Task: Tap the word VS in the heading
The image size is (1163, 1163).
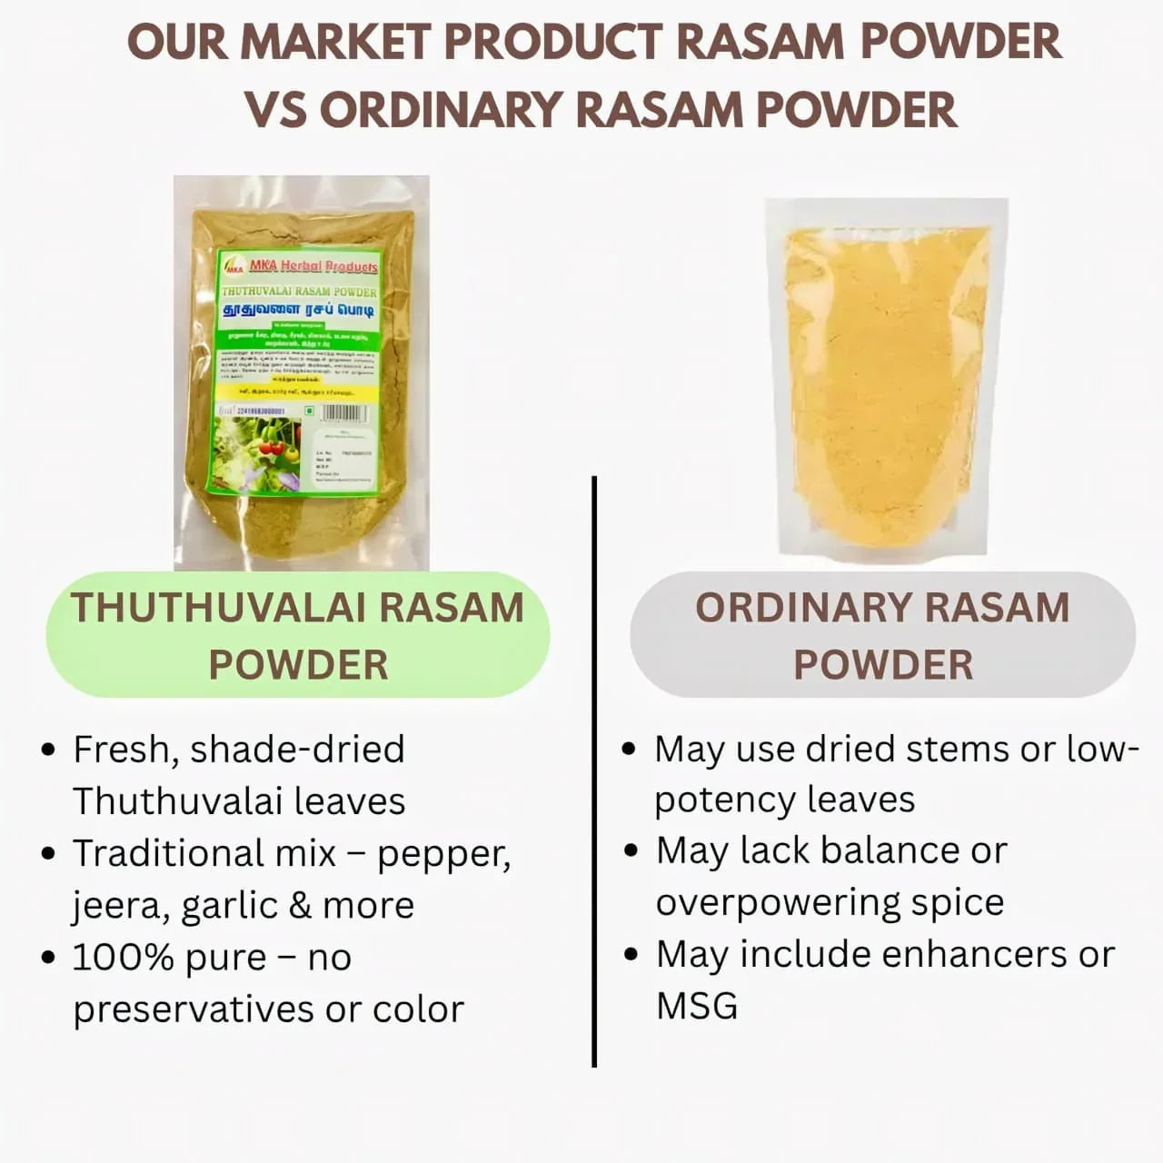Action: [x=275, y=110]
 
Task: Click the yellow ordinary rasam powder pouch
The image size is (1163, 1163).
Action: [x=886, y=382]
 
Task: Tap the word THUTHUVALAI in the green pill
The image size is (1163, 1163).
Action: [x=220, y=608]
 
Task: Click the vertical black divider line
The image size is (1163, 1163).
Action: [x=594, y=772]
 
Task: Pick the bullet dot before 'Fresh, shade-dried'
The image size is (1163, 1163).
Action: [x=48, y=751]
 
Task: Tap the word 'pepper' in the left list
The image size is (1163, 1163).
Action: [x=442, y=854]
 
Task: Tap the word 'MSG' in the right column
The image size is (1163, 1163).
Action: [x=697, y=1006]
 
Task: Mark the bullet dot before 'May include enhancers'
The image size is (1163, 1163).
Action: [x=631, y=955]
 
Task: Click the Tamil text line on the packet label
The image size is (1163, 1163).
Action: [x=300, y=311]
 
